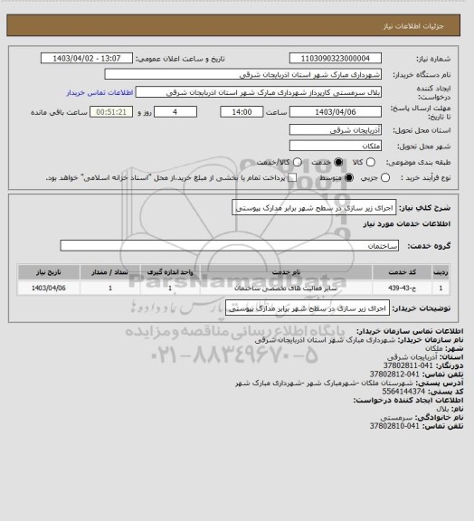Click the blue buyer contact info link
pyautogui.click(x=100, y=92)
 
